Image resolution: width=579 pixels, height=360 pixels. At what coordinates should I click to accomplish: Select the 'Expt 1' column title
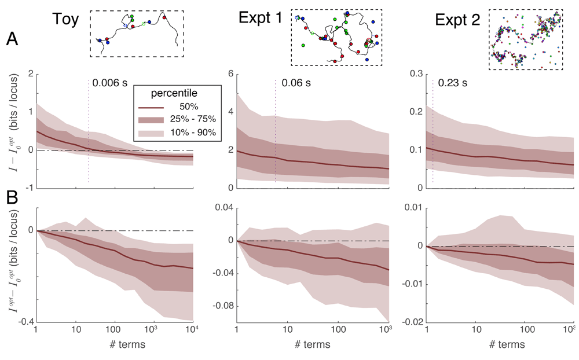point(261,19)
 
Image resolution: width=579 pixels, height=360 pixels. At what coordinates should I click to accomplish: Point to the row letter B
point(12,201)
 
